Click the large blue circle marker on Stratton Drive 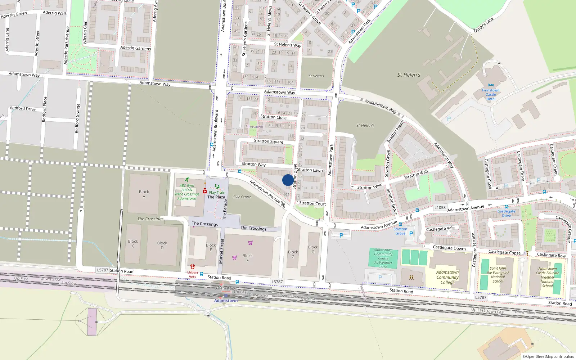pyautogui.click(x=288, y=180)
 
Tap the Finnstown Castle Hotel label pyautogui.click(x=491, y=95)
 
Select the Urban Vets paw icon pyautogui.click(x=193, y=267)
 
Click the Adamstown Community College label pyautogui.click(x=447, y=277)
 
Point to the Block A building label pyautogui.click(x=144, y=194)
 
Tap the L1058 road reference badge pyautogui.click(x=440, y=208)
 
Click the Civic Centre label pyautogui.click(x=242, y=197)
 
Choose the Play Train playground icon pyautogui.click(x=217, y=186)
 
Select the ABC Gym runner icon pyautogui.click(x=187, y=179)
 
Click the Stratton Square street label pyautogui.click(x=269, y=141)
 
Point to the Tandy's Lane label pyautogui.click(x=483, y=25)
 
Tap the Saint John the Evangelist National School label pyautogui.click(x=498, y=275)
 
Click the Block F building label pyautogui.click(x=247, y=258)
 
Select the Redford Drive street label pyautogui.click(x=23, y=108)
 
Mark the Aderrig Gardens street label pyautogui.click(x=135, y=48)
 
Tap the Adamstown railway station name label pyautogui.click(x=226, y=301)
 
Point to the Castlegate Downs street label pyautogui.click(x=449, y=248)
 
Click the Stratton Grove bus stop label pyautogui.click(x=400, y=231)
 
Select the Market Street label pyautogui.click(x=221, y=251)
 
